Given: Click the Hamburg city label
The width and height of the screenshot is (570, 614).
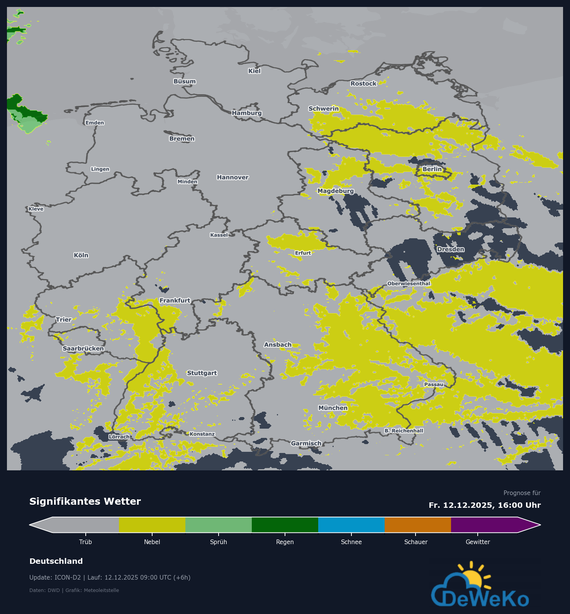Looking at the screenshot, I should coord(247,113).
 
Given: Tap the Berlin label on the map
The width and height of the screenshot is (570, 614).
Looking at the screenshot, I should coord(432,169).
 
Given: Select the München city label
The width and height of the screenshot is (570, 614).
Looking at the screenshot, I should coord(333,408).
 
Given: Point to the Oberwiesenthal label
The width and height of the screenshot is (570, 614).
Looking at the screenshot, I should coord(409,283).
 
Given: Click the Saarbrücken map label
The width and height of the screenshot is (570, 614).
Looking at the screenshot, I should coord(83,348).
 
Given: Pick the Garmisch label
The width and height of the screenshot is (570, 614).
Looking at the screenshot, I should coord(306,443).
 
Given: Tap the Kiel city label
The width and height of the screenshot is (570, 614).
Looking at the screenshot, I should coord(254,71).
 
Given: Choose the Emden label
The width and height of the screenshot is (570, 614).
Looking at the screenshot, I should coord(95,123).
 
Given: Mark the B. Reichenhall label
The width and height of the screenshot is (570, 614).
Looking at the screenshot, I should coord(404,431).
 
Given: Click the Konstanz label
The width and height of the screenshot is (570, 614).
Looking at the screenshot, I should coord(202,434).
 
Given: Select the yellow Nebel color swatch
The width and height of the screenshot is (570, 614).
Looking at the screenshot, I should coord(152,525).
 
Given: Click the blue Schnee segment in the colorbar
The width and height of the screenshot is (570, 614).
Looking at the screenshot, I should coord(351,525).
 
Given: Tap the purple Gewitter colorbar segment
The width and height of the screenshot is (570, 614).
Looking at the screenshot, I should coord(484,525).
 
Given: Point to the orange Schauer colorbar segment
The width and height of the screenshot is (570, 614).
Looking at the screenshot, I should coord(418,525).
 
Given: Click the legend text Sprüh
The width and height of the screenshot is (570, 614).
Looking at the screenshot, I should coord(219,542).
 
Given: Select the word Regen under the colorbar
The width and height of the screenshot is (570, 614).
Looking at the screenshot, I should coord(285,542).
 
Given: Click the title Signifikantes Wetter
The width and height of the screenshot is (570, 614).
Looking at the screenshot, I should coord(85,501).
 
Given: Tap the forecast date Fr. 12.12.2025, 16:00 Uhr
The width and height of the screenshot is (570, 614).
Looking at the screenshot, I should coord(485,505).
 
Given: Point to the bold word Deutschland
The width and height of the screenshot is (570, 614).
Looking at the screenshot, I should coord(56,561).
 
